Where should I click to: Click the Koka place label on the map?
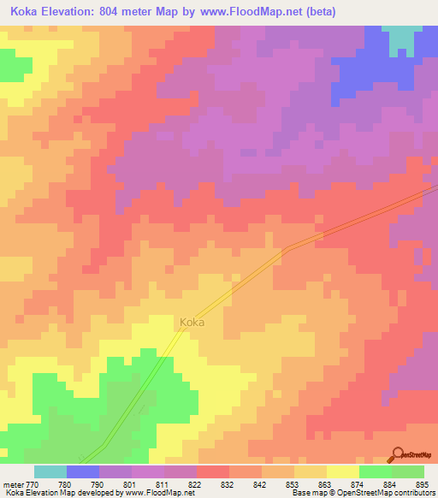click(192, 323)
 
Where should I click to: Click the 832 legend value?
click(213, 483)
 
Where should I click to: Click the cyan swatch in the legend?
click(50, 471)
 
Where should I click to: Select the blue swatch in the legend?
click(83, 471)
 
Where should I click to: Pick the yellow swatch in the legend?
click(343, 471)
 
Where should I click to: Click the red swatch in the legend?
click(213, 471)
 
